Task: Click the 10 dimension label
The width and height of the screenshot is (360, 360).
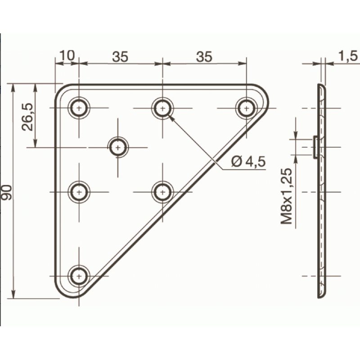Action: tap(67, 55)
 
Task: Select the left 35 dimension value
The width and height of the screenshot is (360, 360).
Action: tap(120, 57)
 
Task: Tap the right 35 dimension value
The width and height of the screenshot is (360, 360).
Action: tap(204, 57)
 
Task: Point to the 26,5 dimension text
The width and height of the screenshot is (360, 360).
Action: tap(27, 117)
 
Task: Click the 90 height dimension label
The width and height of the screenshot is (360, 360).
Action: tap(6, 193)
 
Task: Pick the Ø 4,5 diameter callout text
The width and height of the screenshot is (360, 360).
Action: tap(248, 162)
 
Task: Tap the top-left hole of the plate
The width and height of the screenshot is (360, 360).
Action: tap(79, 108)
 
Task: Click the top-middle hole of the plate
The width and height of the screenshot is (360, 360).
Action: tap(162, 108)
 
